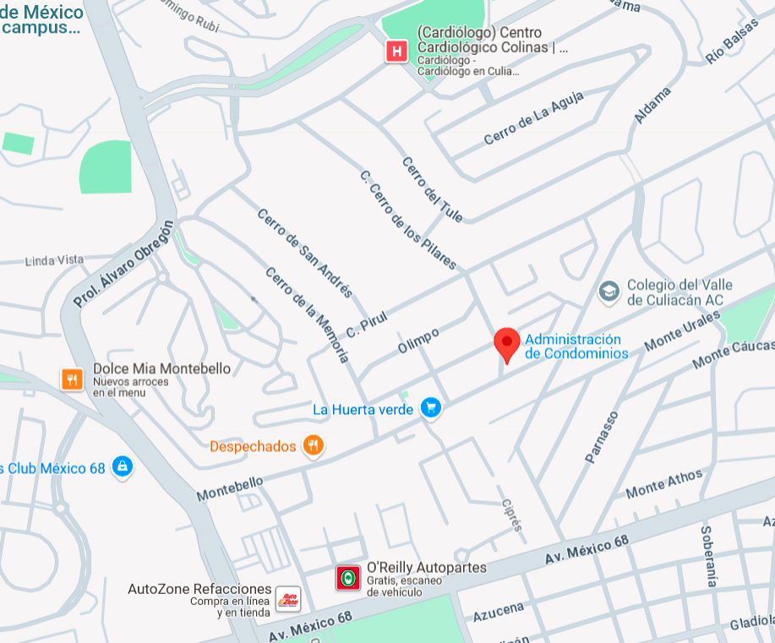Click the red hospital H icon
pyautogui.click(x=396, y=52)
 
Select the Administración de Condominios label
pyautogui.click(x=576, y=346)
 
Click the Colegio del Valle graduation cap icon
pyautogui.click(x=609, y=292)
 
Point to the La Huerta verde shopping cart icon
pyautogui.click(x=432, y=409)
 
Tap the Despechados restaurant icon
pyautogui.click(x=314, y=445)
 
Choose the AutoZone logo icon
pyautogui.click(x=288, y=598)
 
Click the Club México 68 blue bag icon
pyautogui.click(x=123, y=466)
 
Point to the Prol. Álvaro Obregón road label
pyautogui.click(x=123, y=263)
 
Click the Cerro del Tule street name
pyautogui.click(x=432, y=190)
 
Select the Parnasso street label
pyautogui.click(x=602, y=437)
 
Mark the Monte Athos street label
pyautogui.click(x=663, y=484)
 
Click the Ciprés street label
pyautogui.click(x=512, y=514)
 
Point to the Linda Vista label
pyautogui.click(x=55, y=260)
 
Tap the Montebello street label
pyautogui.click(x=230, y=488)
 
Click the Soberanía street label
pyautogui.click(x=708, y=555)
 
